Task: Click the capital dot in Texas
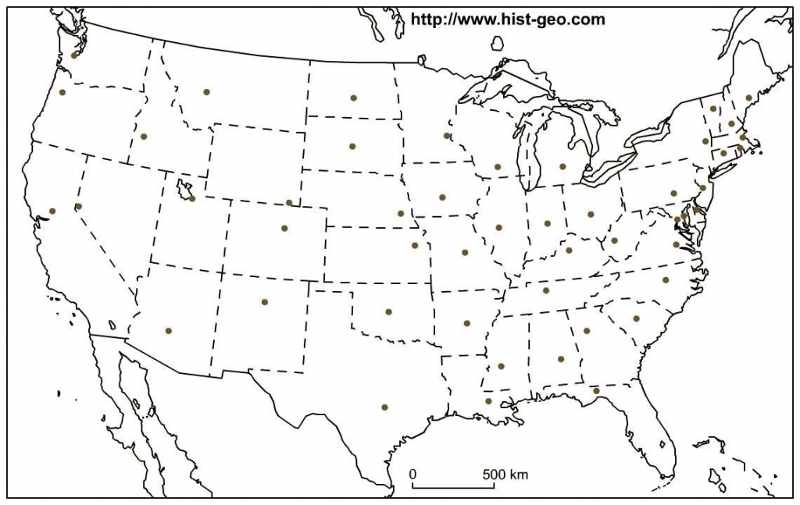click(x=384, y=407)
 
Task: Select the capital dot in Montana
click(x=206, y=92)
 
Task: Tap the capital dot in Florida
click(x=596, y=390)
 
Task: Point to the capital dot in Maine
click(x=748, y=98)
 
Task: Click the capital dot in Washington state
click(x=74, y=55)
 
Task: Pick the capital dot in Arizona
click(x=168, y=330)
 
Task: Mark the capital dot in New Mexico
click(x=265, y=301)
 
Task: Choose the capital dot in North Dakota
click(x=353, y=98)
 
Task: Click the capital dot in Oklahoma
click(x=388, y=311)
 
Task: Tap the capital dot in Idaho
click(x=144, y=137)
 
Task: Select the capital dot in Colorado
click(x=284, y=228)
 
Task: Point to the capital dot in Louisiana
click(x=488, y=401)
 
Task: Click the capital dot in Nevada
click(x=78, y=206)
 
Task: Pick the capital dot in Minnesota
click(x=447, y=136)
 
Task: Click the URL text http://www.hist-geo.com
click(x=507, y=20)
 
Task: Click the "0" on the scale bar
click(x=413, y=474)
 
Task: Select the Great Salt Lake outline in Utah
click(x=185, y=189)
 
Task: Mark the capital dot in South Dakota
click(x=352, y=146)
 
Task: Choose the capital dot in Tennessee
click(x=546, y=290)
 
